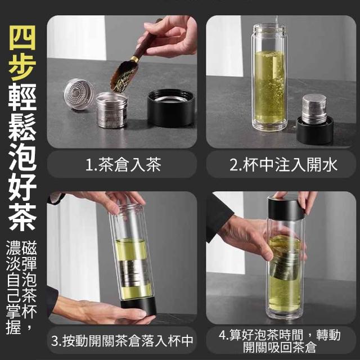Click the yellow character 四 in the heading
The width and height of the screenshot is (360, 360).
(x=22, y=38)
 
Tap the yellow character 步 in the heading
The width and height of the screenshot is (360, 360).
(x=22, y=67)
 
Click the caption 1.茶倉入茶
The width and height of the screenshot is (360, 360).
(x=123, y=165)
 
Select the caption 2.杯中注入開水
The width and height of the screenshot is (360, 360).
(x=283, y=165)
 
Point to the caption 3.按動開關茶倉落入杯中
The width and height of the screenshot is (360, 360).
(x=122, y=341)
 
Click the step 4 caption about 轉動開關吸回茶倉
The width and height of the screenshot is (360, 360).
(x=280, y=341)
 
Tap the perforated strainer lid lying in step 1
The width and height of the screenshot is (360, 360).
(x=79, y=94)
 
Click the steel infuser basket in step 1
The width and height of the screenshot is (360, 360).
(x=112, y=110)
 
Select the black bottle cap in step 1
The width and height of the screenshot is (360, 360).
(x=171, y=107)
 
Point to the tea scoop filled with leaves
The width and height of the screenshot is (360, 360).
(x=124, y=74)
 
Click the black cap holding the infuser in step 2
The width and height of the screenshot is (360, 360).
(x=315, y=130)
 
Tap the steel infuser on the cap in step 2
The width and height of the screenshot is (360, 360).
(x=314, y=108)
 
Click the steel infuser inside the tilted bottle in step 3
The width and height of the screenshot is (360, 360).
(x=134, y=274)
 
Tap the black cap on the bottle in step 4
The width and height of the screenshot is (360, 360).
(x=286, y=207)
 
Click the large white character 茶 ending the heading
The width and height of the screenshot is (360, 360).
(x=22, y=218)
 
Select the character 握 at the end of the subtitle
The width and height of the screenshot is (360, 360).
(x=13, y=327)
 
